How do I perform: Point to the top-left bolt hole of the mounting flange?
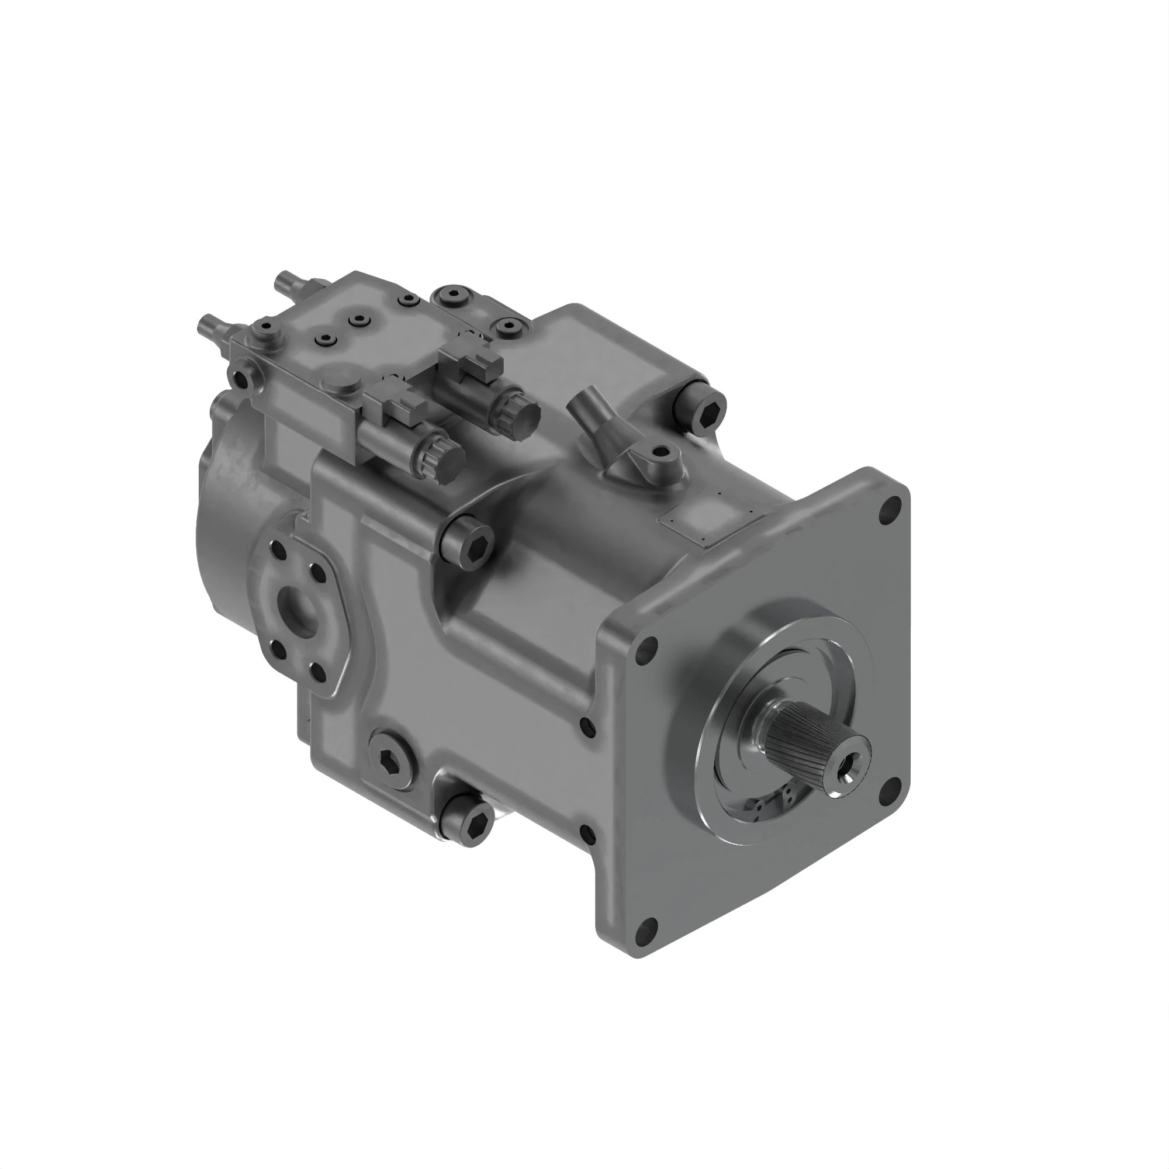[x=648, y=648]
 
